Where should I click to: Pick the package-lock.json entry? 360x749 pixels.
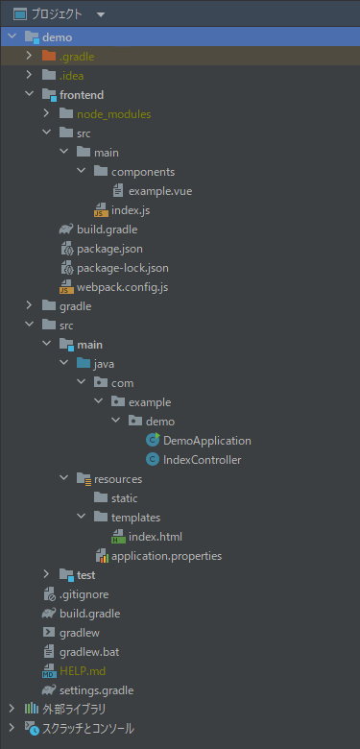(x=122, y=268)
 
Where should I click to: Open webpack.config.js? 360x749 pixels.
(x=122, y=287)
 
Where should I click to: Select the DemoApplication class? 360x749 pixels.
(x=206, y=441)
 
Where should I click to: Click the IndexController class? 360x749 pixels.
(x=202, y=460)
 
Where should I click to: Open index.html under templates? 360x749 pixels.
(x=155, y=537)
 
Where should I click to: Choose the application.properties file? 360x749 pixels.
(x=166, y=556)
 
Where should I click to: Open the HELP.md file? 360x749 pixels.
(x=83, y=671)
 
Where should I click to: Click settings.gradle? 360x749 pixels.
(x=96, y=690)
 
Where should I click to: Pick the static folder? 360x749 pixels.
(x=124, y=498)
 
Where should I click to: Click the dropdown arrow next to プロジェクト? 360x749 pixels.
(x=101, y=15)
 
